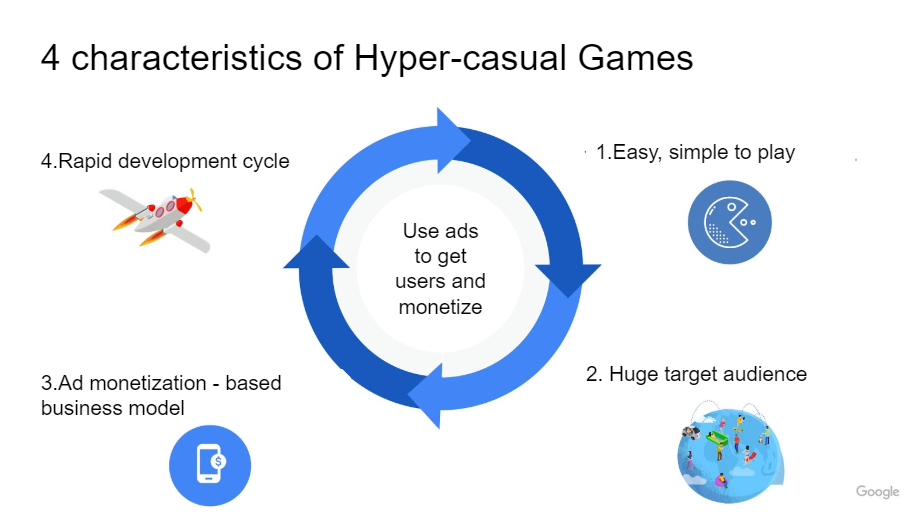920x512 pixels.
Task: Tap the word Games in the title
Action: (635, 58)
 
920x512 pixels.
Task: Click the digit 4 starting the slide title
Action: (50, 58)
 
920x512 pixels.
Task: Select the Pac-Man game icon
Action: (729, 222)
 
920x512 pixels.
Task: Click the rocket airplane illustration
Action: (156, 219)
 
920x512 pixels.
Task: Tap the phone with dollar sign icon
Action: (210, 465)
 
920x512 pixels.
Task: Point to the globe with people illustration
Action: (730, 453)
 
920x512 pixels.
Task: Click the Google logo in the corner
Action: (877, 491)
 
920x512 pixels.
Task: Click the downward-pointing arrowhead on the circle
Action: (568, 280)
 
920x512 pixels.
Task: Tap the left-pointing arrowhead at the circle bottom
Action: (425, 396)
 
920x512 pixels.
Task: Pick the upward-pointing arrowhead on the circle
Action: (316, 252)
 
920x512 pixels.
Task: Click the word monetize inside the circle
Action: (440, 307)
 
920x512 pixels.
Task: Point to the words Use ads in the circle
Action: (440, 231)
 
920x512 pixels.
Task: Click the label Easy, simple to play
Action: (695, 152)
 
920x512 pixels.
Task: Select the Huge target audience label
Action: (696, 374)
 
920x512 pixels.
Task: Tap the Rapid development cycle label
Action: (165, 161)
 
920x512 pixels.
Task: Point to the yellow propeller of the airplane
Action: (195, 200)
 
